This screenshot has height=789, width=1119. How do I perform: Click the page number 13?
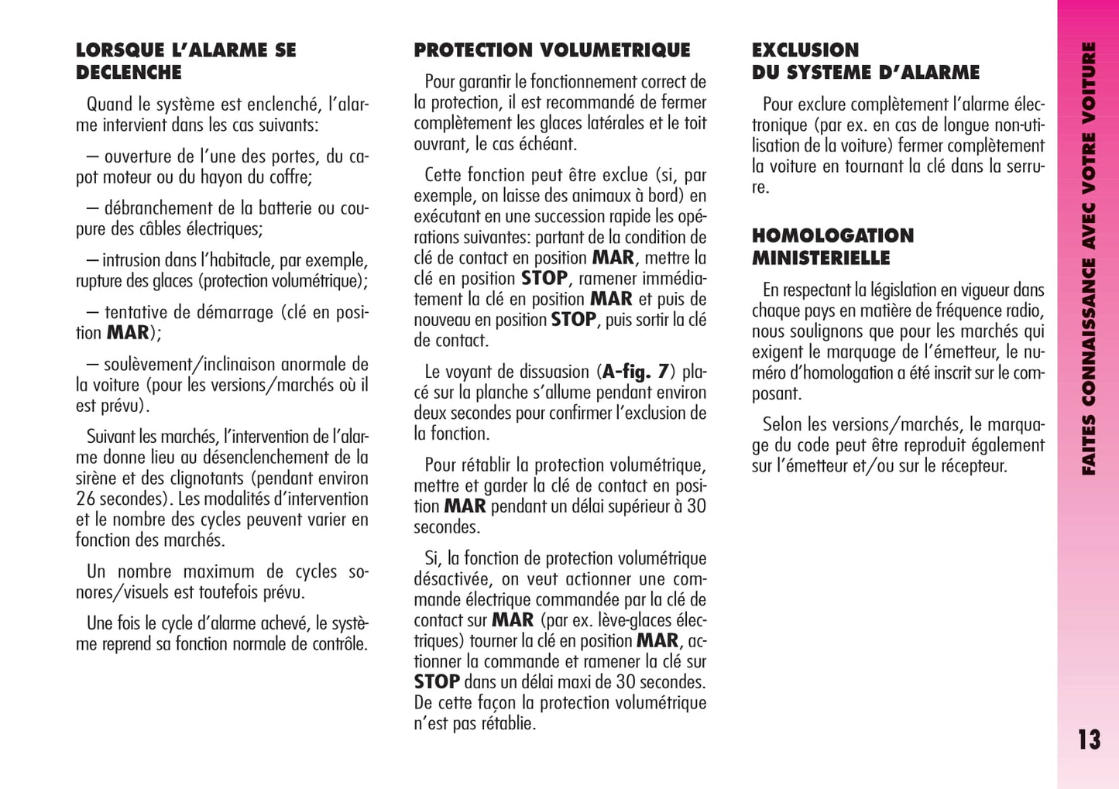[x=1089, y=739]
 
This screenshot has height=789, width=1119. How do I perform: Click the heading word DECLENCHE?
[x=129, y=73]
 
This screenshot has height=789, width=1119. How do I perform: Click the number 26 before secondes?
[x=85, y=499]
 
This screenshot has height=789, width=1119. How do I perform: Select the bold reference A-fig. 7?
[x=635, y=372]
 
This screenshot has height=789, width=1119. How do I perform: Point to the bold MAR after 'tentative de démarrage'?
[x=128, y=333]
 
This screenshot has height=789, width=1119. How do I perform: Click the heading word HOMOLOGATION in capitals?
[x=832, y=235]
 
